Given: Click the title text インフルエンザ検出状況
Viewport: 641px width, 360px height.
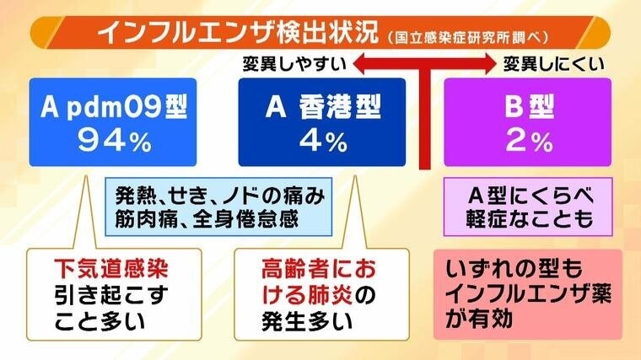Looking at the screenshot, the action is tap(238, 33).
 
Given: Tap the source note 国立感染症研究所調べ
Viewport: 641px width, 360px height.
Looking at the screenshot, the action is tap(467, 37).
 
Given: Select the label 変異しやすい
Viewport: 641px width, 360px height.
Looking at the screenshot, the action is tap(294, 64).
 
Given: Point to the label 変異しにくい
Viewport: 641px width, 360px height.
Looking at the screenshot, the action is tap(553, 64).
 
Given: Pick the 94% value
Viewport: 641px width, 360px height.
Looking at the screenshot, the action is tap(115, 142).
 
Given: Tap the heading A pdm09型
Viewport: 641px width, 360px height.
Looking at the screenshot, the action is tap(114, 107).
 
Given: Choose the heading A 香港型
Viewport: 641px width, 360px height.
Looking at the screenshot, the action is tap(323, 107).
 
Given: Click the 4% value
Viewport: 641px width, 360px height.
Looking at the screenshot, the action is tap(323, 142).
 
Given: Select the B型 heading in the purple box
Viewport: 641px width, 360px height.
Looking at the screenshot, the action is tap(529, 107).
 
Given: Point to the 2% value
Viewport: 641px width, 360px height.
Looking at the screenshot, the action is tap(529, 142).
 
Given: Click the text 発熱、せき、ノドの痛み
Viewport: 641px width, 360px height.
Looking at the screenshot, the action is tap(219, 196).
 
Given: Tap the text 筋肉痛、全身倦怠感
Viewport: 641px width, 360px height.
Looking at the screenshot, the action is tap(207, 219).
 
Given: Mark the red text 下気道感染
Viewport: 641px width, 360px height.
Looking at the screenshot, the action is tap(111, 269).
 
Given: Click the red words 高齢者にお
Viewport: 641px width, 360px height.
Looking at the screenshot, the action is tap(319, 269).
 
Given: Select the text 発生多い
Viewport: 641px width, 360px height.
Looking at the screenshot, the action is tap(307, 321).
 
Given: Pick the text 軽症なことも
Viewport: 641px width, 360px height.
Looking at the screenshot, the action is tap(530, 219).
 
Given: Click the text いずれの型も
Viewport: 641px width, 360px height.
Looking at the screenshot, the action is tap(514, 269).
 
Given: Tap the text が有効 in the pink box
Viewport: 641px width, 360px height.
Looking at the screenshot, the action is tap(479, 319).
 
